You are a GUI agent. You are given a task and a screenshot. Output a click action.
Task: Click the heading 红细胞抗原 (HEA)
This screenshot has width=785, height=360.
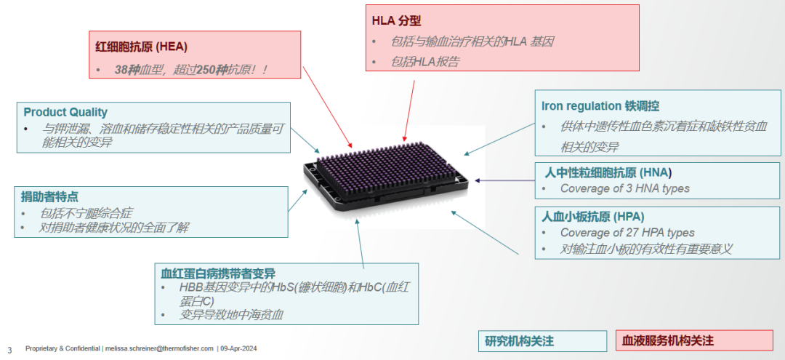coord(141,47)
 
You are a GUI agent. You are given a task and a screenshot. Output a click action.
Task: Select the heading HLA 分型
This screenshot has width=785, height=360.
coord(396,21)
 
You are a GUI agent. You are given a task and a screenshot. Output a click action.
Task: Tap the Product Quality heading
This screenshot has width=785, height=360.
coord(65,112)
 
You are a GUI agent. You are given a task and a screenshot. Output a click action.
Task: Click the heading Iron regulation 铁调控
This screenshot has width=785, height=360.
coord(600,105)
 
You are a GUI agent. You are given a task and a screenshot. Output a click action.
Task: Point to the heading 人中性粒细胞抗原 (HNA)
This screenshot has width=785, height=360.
coord(608,172)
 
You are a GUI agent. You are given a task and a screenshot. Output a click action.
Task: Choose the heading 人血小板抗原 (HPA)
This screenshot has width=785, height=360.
coord(593,216)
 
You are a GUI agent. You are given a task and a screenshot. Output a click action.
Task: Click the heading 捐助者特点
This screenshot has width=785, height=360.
coord(49,196)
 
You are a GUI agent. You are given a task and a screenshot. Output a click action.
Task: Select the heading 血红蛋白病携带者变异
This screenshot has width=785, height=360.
coord(218,273)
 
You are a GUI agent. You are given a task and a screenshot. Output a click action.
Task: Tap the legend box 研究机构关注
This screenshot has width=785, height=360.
coord(520,340)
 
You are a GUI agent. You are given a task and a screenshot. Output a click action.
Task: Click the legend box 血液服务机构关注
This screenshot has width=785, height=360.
coord(667,340)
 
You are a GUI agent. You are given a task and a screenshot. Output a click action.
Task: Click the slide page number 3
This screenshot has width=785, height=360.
coord(9,349)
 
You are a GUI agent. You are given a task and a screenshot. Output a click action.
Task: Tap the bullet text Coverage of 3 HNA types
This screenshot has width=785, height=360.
coord(624,188)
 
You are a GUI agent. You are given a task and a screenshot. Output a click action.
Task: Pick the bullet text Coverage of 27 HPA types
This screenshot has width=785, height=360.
coord(627,233)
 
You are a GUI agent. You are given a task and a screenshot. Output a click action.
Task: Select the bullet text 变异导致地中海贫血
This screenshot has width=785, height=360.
coord(231,315)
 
